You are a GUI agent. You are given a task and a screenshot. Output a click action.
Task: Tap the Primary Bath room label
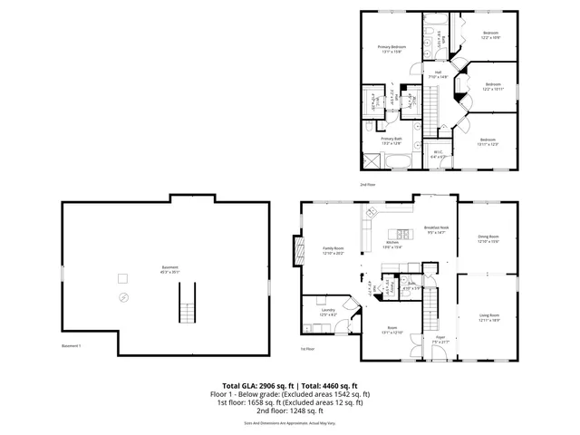pos(391,139)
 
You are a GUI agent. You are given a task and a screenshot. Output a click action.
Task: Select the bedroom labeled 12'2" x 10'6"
pos(490,35)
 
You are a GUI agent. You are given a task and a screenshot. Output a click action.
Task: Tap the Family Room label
pos(333,249)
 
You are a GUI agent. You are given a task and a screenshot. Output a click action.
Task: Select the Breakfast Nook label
pos(437,228)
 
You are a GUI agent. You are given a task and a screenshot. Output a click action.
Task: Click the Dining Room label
pos(488,238)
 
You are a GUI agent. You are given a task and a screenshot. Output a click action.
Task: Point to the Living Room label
pos(489,315)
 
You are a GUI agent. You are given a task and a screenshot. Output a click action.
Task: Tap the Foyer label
pos(440,338)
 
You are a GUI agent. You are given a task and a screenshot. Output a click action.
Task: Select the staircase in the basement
pos(188,302)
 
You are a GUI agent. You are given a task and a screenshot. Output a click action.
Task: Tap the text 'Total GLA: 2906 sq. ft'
pos(258,385)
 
